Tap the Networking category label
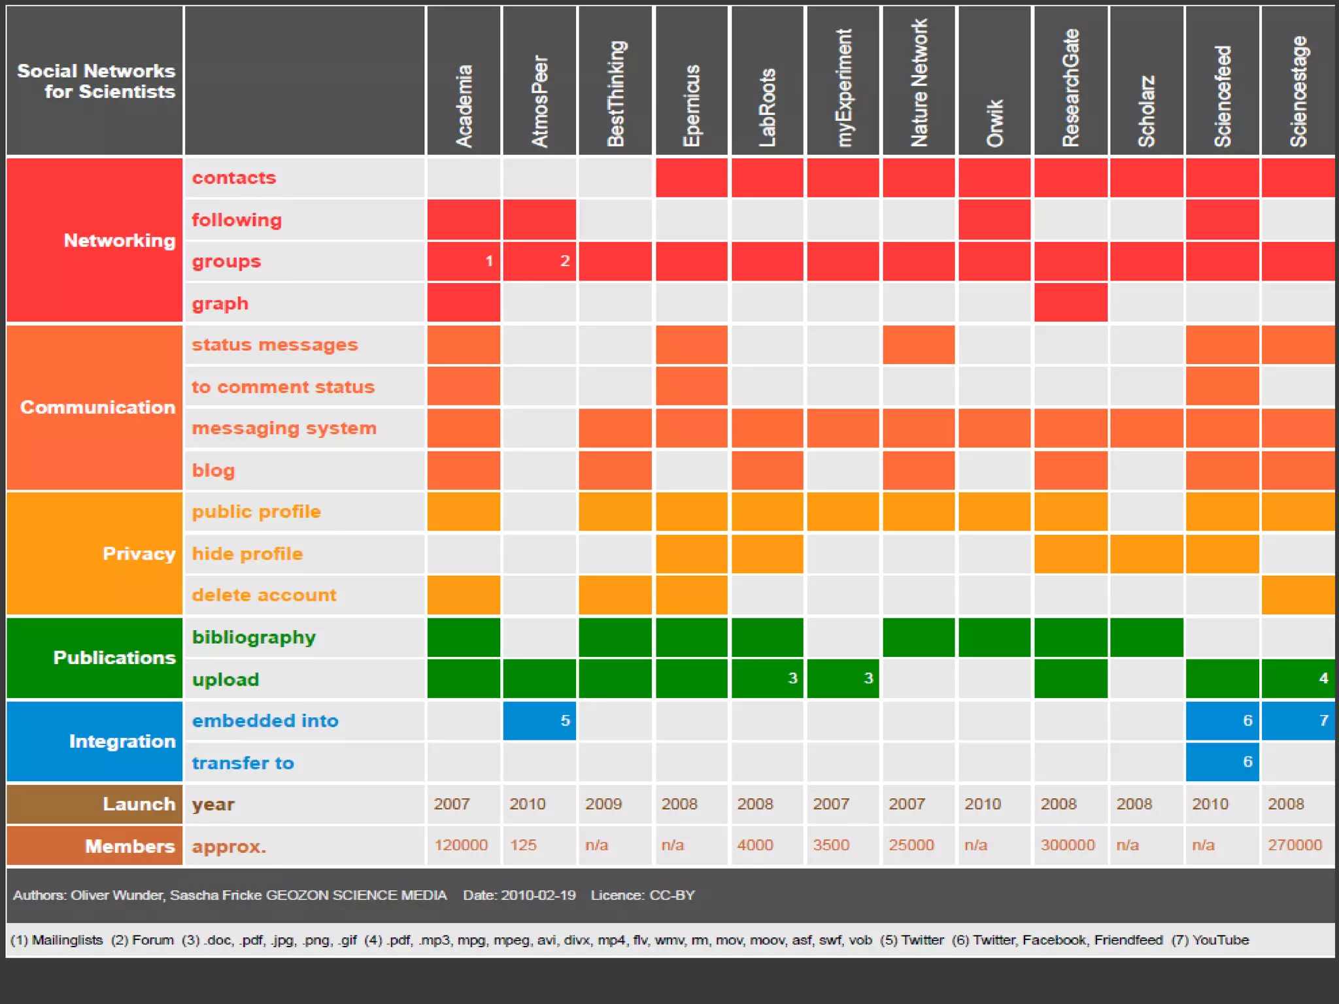119,241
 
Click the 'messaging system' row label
284,428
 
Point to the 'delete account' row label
263,595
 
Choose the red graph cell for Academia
464,303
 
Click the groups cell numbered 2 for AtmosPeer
539,261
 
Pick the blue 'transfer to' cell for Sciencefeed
1222,761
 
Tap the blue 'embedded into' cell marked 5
539,720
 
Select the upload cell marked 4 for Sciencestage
1298,678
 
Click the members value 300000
1067,845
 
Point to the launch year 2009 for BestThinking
603,804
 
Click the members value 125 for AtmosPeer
523,845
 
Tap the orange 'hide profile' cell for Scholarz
1146,554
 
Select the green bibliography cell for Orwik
994,637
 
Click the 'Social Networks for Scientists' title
96,81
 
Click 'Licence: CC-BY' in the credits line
643,895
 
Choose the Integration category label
122,741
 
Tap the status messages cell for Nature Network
919,344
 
